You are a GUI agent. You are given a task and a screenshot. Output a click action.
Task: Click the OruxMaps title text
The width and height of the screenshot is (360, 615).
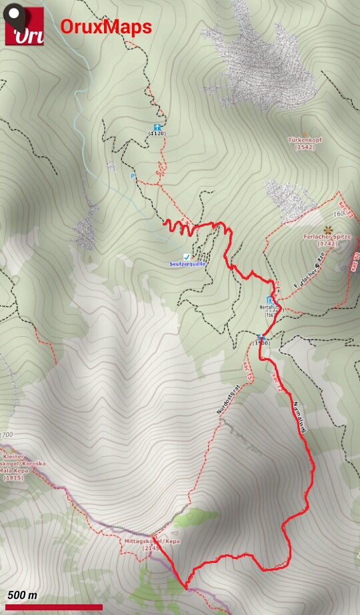(106, 27)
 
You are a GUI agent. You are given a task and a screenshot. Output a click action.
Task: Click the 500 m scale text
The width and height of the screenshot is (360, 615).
(23, 595)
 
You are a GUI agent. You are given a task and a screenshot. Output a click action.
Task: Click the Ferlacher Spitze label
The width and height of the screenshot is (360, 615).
(327, 237)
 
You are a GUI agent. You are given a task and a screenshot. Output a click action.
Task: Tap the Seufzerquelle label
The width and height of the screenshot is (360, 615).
(187, 264)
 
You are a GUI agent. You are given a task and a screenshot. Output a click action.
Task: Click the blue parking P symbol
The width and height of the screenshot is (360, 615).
(132, 176)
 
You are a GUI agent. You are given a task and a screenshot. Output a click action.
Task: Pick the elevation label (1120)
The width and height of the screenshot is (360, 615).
(157, 133)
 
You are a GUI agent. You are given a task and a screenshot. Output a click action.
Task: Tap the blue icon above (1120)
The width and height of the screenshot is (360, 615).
(157, 127)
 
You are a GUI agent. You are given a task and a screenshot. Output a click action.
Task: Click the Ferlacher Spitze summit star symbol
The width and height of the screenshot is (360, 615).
(327, 229)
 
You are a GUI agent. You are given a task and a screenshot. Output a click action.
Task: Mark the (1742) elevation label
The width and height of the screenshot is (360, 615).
(327, 244)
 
